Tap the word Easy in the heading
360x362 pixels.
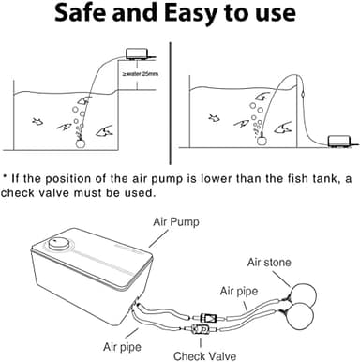[193, 16]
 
